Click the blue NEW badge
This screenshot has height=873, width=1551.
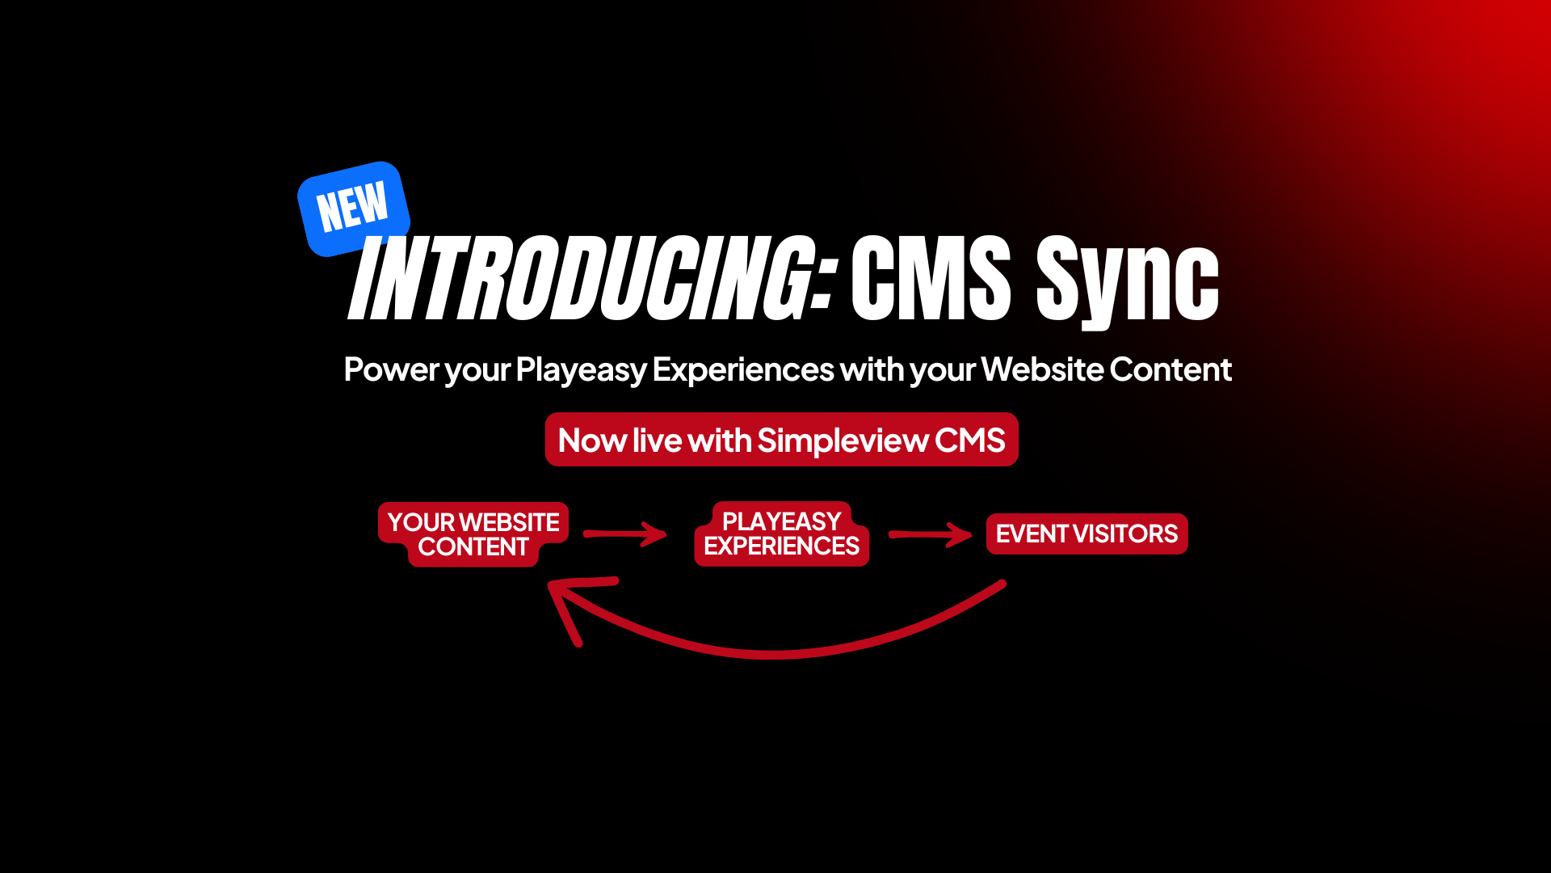[354, 209]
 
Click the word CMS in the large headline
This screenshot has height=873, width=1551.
[931, 279]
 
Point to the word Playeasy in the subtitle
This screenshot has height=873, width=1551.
[581, 370]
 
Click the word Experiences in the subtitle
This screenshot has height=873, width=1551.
[743, 369]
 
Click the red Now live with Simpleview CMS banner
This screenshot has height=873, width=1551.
[782, 440]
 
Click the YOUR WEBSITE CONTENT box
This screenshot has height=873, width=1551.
[473, 534]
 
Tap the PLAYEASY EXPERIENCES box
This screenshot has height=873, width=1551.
[782, 533]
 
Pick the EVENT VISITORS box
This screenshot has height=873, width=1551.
[1087, 533]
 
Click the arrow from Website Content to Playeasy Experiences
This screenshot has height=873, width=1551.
[625, 533]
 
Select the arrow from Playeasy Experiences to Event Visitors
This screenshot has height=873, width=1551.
[931, 534]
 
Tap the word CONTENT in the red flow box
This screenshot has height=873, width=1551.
[473, 547]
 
